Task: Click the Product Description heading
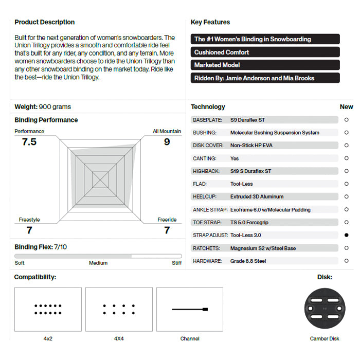(x=44, y=22)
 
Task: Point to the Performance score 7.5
(x=29, y=142)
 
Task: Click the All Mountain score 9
(x=167, y=142)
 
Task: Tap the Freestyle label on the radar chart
(x=29, y=220)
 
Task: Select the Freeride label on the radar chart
(x=167, y=220)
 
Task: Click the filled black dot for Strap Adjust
(x=347, y=235)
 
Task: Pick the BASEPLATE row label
(x=207, y=120)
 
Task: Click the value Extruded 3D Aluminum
(x=257, y=196)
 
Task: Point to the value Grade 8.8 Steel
(x=248, y=261)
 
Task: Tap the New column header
(x=346, y=107)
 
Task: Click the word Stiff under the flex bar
(x=176, y=263)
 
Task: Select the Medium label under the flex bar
(x=98, y=263)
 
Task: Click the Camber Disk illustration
(x=325, y=309)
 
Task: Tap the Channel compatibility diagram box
(x=190, y=309)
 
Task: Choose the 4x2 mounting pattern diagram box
(x=48, y=309)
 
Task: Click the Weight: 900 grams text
(x=43, y=107)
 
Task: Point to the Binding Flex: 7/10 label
(x=41, y=247)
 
